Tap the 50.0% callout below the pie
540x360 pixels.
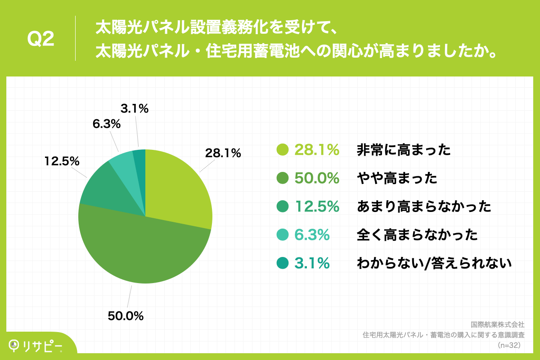[x=126, y=316]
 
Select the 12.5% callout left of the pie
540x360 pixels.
[x=62, y=161]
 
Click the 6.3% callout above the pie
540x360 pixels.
[x=106, y=123]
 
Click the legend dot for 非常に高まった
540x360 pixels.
[x=283, y=150]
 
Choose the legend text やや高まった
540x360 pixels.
[x=397, y=179]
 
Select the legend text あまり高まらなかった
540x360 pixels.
[x=423, y=207]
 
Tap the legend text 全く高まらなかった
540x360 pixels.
[x=417, y=234]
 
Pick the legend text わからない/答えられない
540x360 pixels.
[x=434, y=263]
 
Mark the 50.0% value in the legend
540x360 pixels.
[x=316, y=179]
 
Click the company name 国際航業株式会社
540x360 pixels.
[x=497, y=324]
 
